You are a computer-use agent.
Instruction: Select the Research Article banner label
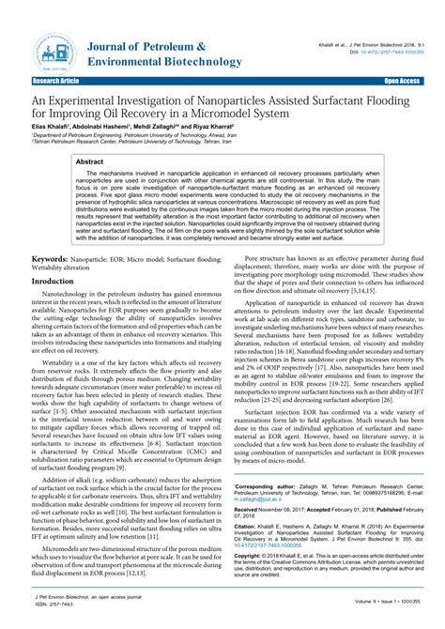pos(30,82)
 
